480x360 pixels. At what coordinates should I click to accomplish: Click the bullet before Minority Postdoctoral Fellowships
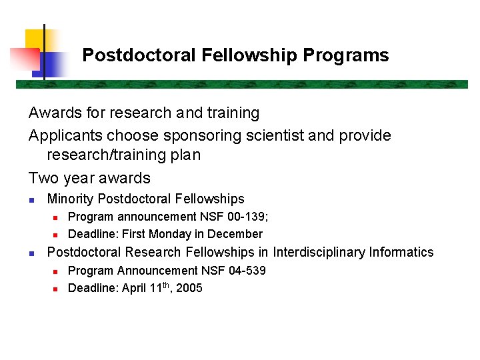[x=31, y=199]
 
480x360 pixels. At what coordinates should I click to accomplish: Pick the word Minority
[x=70, y=199]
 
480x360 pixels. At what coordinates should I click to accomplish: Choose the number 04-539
[x=246, y=271]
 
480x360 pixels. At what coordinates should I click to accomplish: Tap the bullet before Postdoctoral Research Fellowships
[x=31, y=253]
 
